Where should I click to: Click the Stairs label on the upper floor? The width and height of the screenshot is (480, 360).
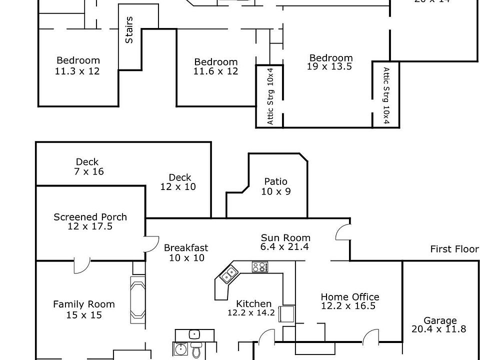pos(129,30)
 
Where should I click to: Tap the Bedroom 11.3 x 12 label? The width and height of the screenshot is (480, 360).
pos(77,66)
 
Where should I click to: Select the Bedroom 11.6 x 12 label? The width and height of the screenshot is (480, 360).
pos(215,66)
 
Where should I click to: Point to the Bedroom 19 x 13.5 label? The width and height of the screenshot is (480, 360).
pos(330,62)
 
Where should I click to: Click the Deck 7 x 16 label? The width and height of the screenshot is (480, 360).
pos(87,166)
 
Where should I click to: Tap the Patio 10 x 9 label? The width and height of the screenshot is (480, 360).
pos(275,186)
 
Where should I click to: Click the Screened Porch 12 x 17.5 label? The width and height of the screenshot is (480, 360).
pos(90,221)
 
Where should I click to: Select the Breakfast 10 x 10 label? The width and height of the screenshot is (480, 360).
pos(185,252)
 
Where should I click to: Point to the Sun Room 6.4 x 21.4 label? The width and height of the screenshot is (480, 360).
pos(285,242)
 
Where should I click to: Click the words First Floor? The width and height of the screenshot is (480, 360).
pos(454,249)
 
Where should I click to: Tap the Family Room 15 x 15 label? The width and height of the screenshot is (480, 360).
pos(83,309)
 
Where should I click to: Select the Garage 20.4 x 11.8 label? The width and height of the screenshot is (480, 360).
pos(439,324)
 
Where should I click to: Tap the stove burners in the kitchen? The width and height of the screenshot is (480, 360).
pos(259,267)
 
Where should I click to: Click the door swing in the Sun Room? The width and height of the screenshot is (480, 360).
pos(343,231)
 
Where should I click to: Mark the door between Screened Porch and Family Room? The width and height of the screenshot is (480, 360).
pos(81,265)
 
